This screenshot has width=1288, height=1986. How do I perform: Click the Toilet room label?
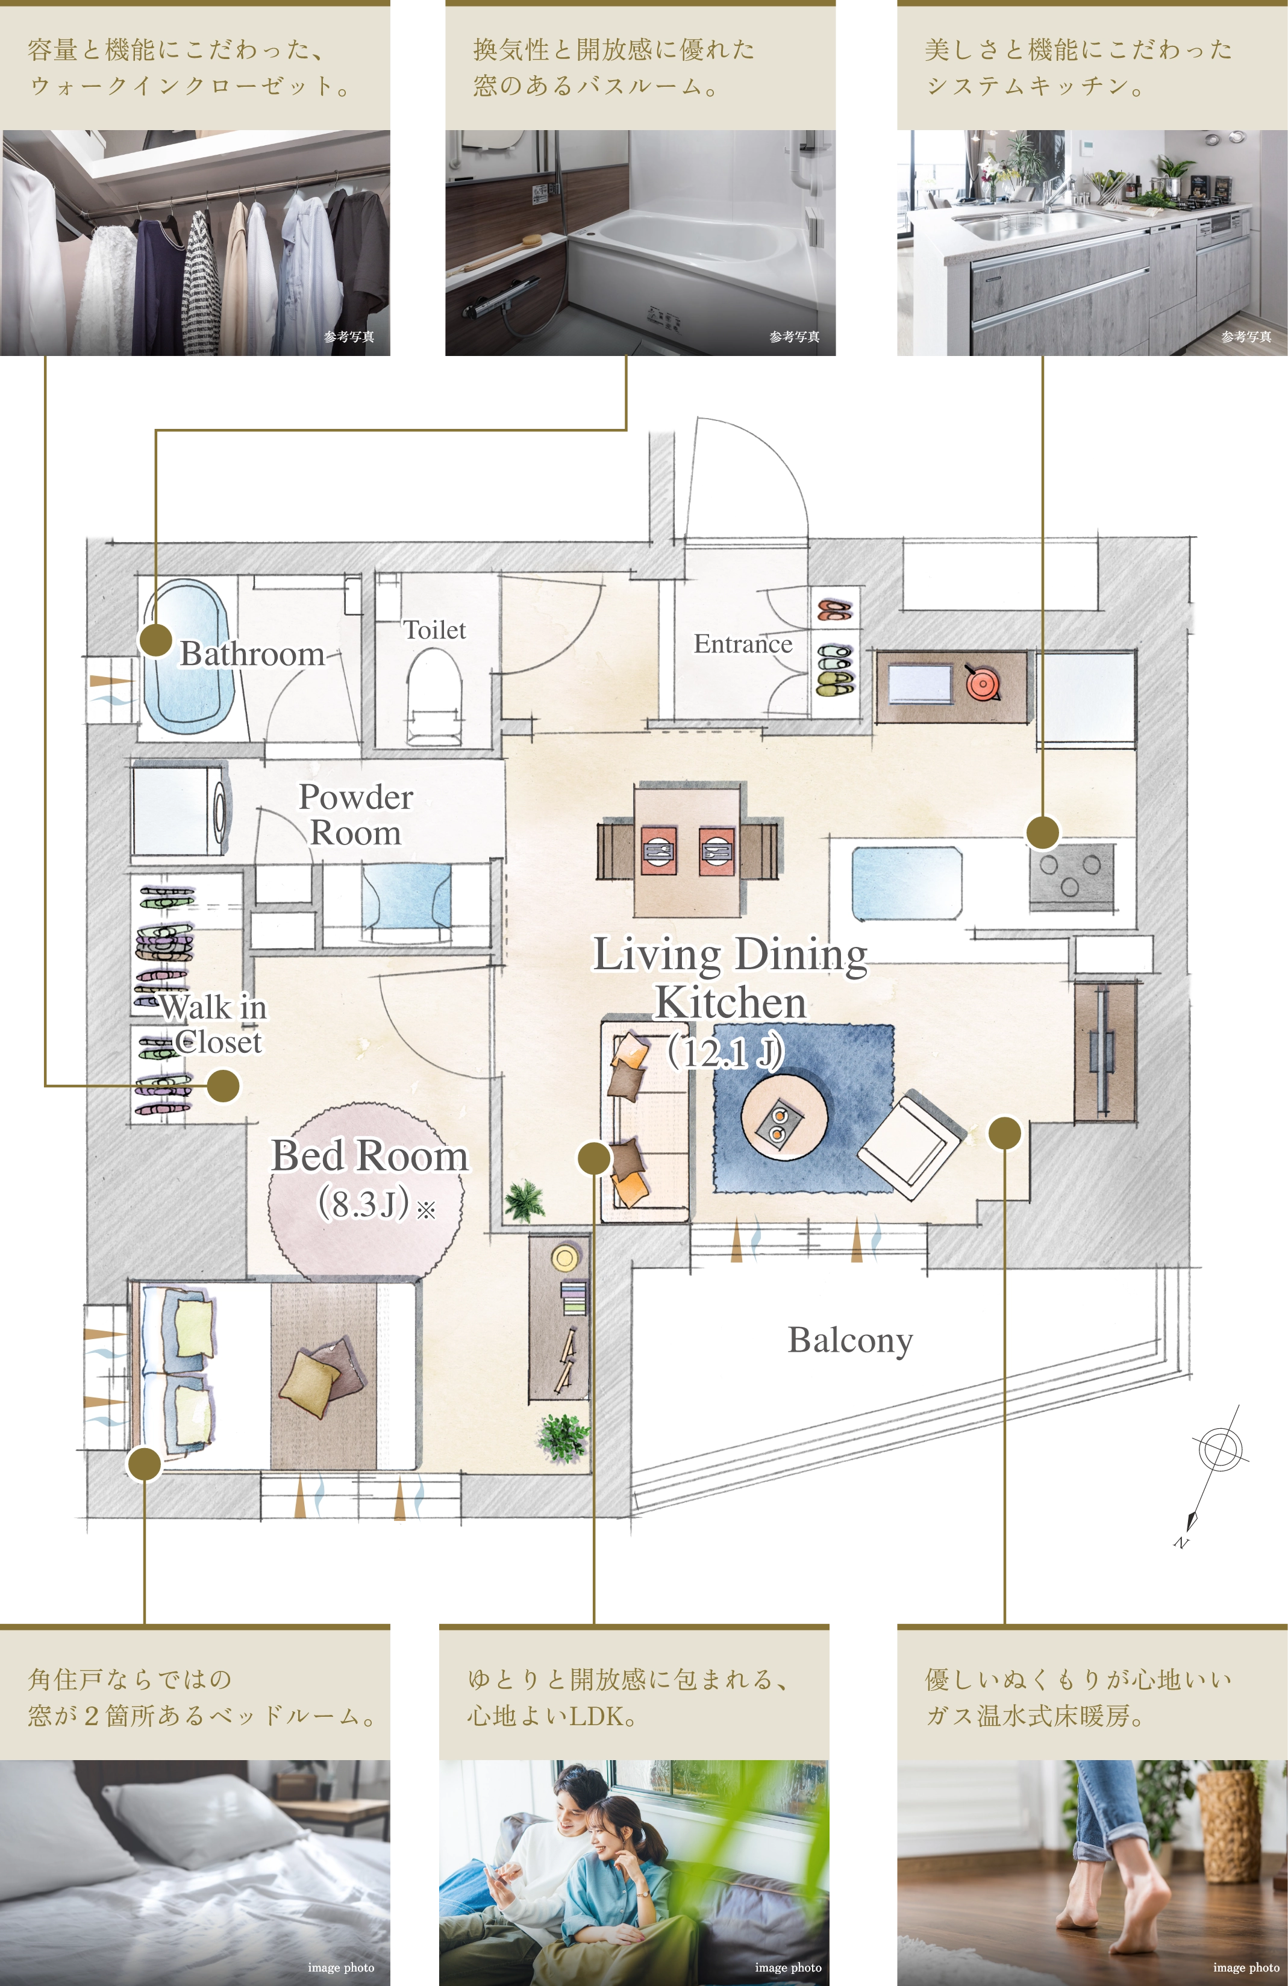[434, 630]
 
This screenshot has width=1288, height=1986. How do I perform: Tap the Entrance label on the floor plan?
[743, 643]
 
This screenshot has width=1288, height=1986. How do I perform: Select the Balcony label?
[850, 1341]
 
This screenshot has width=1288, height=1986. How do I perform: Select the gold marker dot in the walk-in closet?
[223, 1085]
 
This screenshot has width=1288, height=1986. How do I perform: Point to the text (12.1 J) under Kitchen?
[725, 1052]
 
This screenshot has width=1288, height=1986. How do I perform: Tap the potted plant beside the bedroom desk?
[562, 1437]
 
